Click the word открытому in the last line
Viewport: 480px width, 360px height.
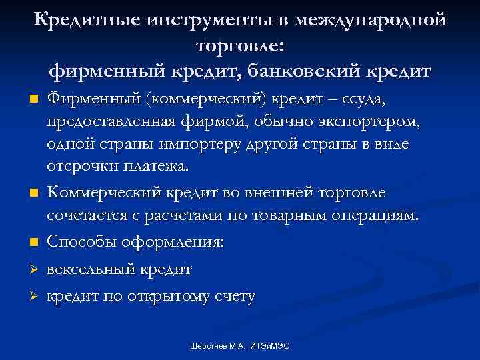[x=162, y=297]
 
